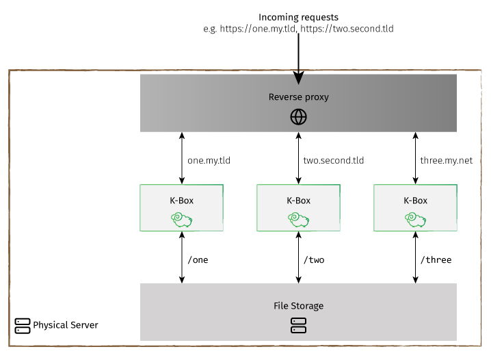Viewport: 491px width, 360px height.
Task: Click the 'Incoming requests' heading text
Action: (298, 16)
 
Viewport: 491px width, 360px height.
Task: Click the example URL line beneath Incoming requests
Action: (298, 29)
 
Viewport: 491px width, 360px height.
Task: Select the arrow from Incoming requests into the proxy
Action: (298, 55)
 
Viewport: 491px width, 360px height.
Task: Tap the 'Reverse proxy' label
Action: (298, 97)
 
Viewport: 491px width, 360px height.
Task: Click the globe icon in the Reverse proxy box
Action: (298, 117)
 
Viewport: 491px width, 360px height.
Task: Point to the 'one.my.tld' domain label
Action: (209, 161)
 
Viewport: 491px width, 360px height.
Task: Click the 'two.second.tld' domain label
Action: (333, 161)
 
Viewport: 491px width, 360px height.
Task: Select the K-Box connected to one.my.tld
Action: (181, 207)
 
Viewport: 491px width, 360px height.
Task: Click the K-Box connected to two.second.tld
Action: (298, 207)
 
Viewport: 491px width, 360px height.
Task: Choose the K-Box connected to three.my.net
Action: (415, 207)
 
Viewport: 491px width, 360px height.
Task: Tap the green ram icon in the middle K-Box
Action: (298, 219)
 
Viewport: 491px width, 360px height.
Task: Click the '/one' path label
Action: (197, 259)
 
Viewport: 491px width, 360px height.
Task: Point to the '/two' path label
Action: (313, 259)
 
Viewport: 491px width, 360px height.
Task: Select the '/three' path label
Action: (436, 259)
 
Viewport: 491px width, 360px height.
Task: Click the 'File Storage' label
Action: (298, 305)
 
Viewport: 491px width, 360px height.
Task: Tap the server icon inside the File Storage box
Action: (298, 326)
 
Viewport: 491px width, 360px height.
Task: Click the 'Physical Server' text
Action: (66, 324)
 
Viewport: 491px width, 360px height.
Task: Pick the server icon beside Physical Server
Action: (23, 325)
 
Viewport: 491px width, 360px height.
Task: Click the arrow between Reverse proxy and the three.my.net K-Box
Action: (415, 158)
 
